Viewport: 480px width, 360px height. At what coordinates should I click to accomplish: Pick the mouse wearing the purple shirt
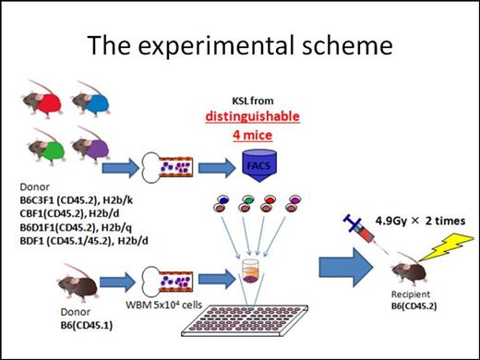click(x=94, y=143)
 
